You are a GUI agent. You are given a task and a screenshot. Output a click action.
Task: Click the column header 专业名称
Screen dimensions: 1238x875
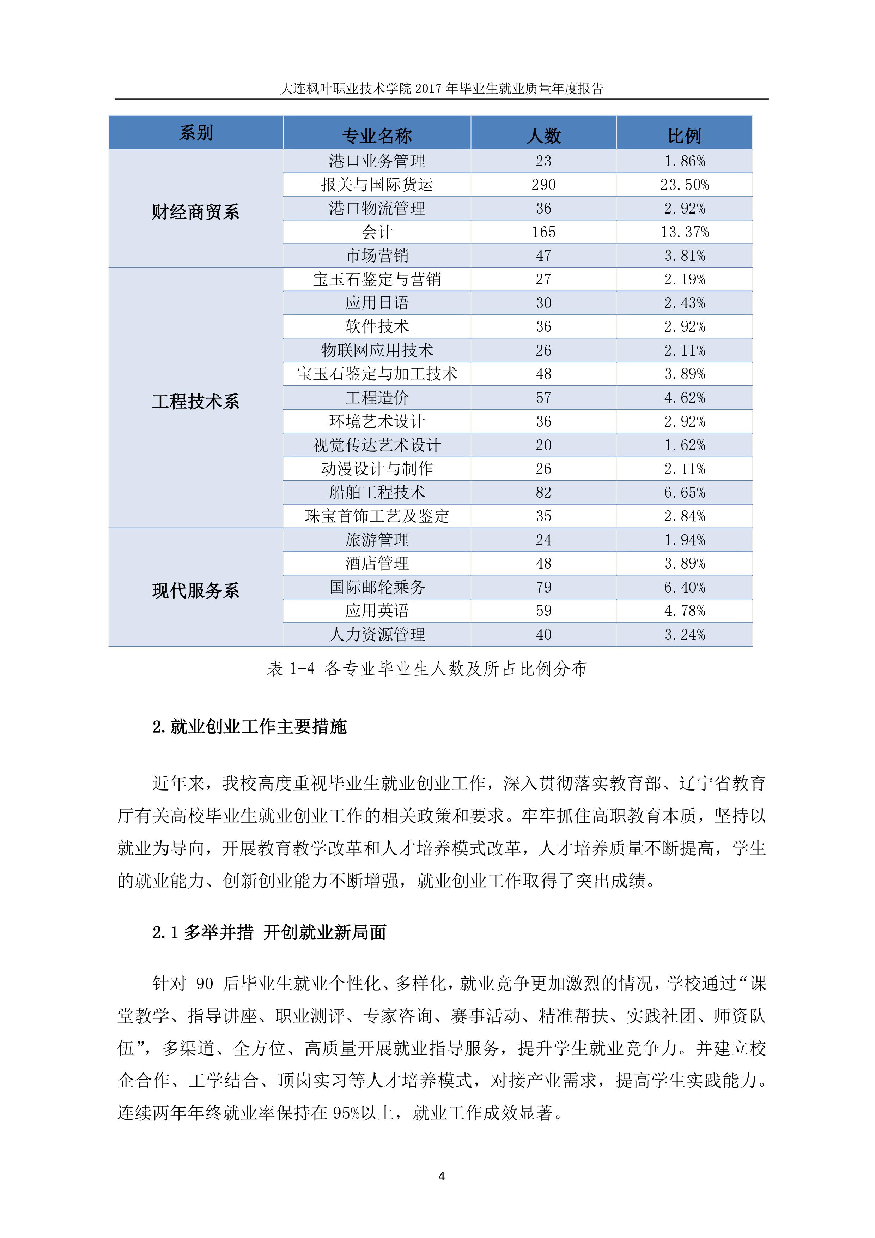point(377,135)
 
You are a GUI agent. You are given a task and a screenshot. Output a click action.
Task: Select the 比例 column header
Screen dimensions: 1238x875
point(684,135)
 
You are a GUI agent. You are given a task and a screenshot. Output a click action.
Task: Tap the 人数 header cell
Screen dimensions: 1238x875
point(543,135)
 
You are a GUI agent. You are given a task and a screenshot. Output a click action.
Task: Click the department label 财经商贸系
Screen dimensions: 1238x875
point(196,212)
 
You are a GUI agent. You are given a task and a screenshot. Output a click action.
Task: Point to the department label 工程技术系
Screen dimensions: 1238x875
point(196,401)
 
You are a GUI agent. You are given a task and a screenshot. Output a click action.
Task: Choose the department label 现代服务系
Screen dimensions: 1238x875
point(196,590)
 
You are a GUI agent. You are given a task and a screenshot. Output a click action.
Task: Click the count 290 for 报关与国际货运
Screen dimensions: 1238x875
point(543,185)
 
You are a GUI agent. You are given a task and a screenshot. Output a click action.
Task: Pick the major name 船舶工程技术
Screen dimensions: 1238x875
point(377,492)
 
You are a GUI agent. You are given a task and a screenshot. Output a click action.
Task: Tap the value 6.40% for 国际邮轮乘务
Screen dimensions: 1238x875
point(684,587)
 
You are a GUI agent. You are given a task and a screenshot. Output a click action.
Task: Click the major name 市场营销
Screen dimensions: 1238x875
point(377,256)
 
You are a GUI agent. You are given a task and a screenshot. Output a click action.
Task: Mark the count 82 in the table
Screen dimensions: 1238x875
point(543,492)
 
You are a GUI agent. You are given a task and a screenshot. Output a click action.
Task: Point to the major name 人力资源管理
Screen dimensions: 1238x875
point(377,635)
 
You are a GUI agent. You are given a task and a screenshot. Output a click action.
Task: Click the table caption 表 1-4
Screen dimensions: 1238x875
point(291,669)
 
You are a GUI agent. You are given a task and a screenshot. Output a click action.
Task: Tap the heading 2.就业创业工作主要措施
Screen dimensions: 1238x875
point(249,727)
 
